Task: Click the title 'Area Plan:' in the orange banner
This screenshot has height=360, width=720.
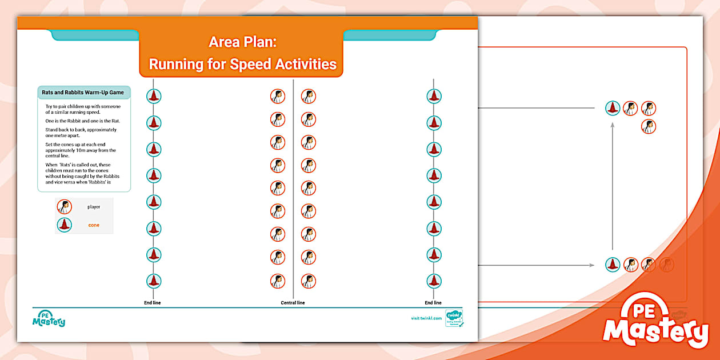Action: pyautogui.click(x=243, y=42)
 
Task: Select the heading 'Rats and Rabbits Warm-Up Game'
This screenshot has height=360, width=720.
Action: pyautogui.click(x=83, y=93)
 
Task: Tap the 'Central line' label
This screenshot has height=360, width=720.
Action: pyautogui.click(x=293, y=303)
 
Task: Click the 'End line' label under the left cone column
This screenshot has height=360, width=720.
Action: pyautogui.click(x=152, y=303)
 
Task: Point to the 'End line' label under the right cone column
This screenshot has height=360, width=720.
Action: pyautogui.click(x=433, y=303)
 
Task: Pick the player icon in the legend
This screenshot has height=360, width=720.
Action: pyautogui.click(x=65, y=207)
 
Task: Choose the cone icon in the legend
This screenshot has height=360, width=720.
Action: pyautogui.click(x=65, y=225)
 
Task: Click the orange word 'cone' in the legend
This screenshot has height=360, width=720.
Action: pyautogui.click(x=94, y=225)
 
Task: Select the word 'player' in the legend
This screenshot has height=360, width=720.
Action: pyautogui.click(x=94, y=207)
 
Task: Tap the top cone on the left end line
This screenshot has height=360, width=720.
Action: pyautogui.click(x=153, y=96)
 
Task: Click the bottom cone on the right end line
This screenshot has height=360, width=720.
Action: pyautogui.click(x=434, y=281)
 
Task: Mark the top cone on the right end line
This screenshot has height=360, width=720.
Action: pyautogui.click(x=434, y=96)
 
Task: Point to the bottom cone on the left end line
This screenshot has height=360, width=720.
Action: pyautogui.click(x=153, y=281)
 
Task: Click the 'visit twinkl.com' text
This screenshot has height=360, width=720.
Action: pyautogui.click(x=426, y=318)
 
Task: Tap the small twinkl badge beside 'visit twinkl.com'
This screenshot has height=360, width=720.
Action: pyautogui.click(x=454, y=318)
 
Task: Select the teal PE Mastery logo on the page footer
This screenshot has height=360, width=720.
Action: pyautogui.click(x=49, y=319)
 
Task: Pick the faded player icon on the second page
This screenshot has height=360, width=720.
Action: pyautogui.click(x=667, y=265)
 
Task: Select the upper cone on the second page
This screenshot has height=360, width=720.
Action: pyautogui.click(x=613, y=108)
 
